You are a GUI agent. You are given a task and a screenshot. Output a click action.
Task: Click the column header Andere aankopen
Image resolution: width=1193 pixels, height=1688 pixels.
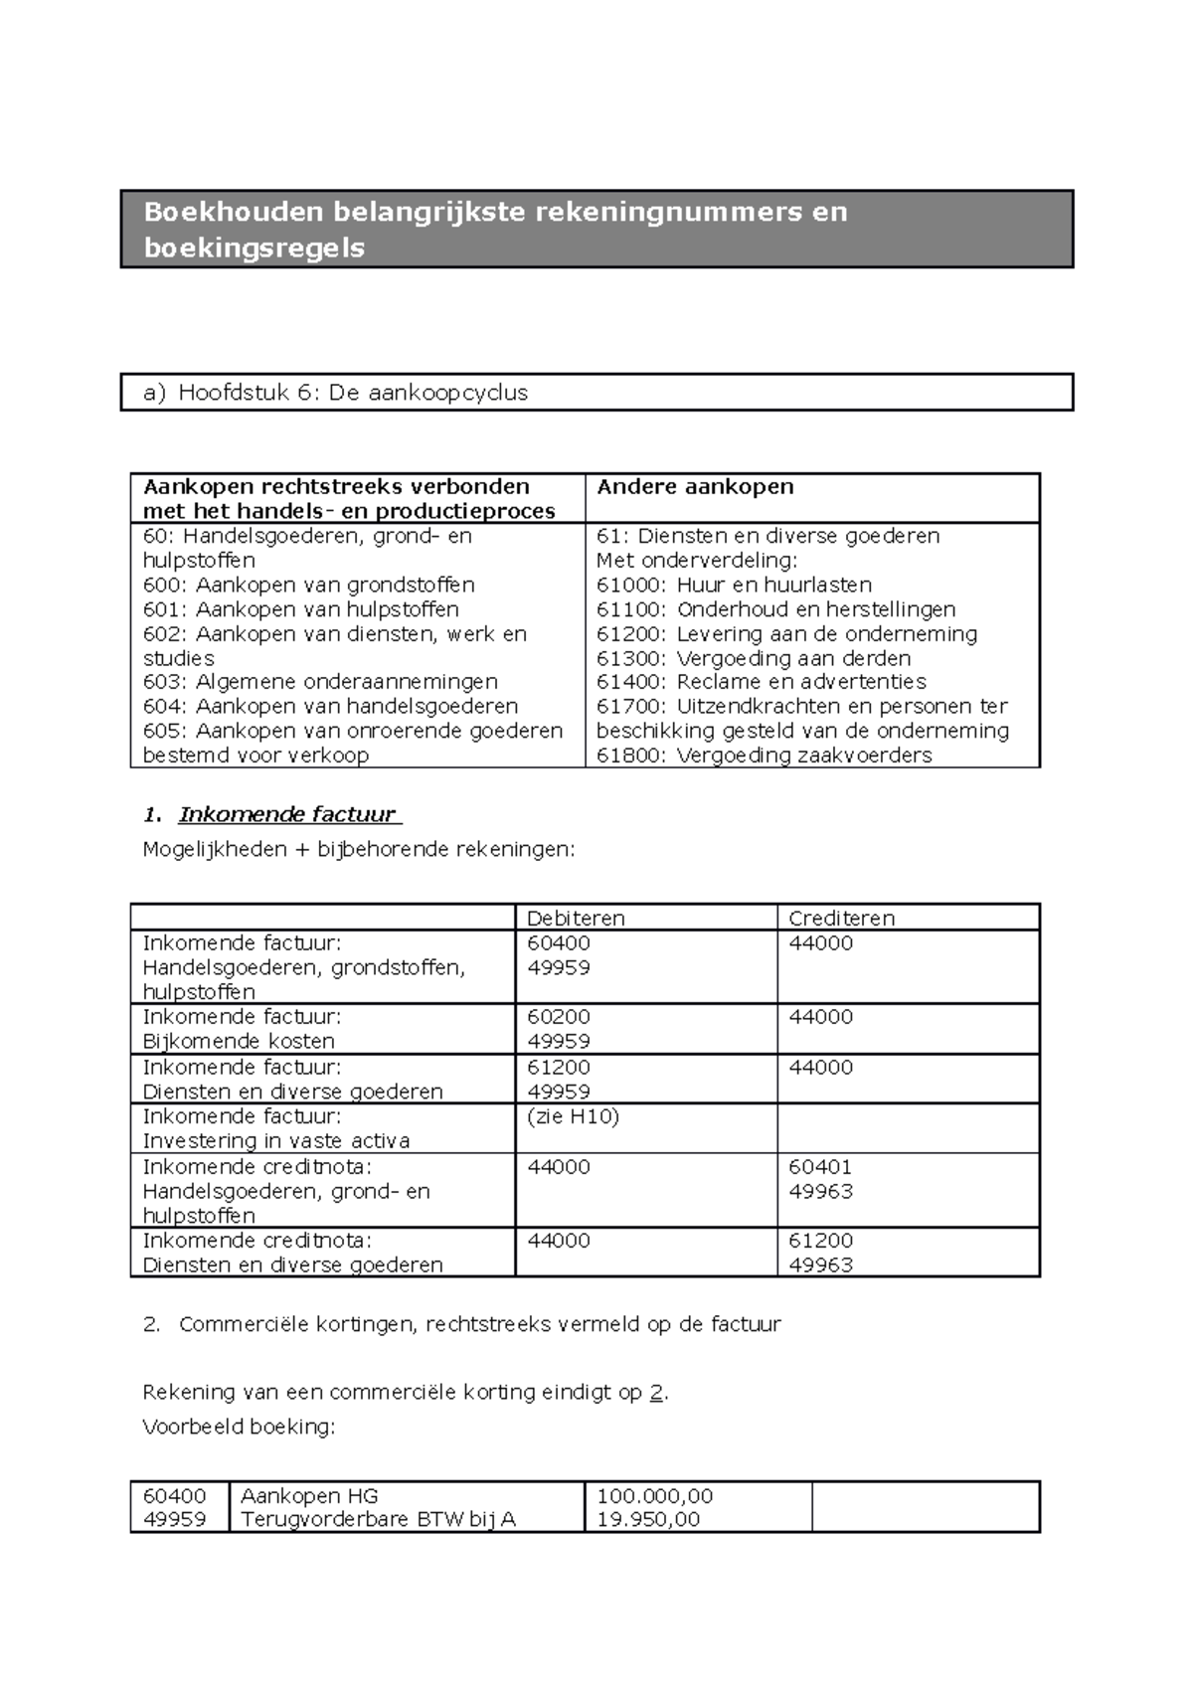coord(695,487)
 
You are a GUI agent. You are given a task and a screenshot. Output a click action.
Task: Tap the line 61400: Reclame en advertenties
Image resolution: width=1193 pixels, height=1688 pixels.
coord(761,682)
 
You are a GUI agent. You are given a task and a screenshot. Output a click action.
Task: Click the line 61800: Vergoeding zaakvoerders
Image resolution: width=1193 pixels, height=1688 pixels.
coord(764,756)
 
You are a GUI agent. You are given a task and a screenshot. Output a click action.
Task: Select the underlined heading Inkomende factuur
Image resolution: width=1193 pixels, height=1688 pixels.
coord(287,815)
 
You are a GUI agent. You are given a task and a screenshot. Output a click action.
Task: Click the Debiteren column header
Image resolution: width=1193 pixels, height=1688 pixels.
coord(576,918)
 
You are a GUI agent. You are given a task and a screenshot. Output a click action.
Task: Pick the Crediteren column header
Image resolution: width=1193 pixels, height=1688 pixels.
coord(841,918)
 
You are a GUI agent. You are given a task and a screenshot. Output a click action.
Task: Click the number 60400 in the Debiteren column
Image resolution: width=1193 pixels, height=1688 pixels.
coord(558,943)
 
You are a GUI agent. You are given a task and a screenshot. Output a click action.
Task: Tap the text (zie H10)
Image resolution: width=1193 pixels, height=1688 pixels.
coord(573,1116)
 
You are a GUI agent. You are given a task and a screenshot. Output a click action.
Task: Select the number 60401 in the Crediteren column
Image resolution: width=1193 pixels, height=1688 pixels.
coord(820,1167)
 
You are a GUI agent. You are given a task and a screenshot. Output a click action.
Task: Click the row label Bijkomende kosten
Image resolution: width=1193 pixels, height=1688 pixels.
coord(239,1042)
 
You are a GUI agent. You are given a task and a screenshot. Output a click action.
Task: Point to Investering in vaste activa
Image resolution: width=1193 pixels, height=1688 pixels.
coord(276,1141)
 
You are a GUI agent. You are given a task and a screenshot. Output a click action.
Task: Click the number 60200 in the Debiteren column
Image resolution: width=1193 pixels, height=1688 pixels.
coord(558,1017)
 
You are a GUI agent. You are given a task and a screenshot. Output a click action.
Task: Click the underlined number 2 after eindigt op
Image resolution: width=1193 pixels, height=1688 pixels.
coord(656,1392)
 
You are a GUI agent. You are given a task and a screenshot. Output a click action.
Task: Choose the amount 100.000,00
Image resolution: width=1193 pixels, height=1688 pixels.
coord(654,1496)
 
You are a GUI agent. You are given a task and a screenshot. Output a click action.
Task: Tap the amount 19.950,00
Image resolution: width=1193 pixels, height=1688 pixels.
coord(647,1519)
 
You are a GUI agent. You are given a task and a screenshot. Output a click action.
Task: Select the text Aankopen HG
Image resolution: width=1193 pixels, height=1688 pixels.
coord(309,1496)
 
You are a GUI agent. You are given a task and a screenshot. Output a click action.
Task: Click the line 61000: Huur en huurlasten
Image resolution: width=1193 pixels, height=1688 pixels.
coord(734,585)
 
